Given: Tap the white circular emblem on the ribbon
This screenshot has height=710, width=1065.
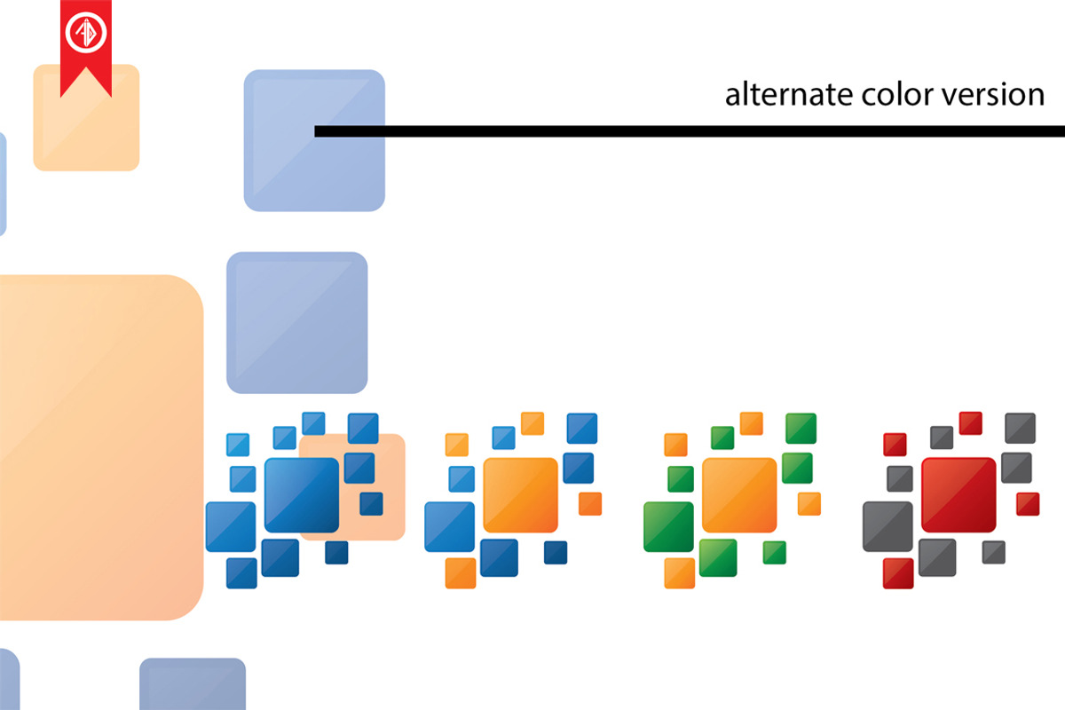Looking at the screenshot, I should coord(86,34).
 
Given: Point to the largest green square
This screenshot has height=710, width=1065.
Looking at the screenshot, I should coord(668,526).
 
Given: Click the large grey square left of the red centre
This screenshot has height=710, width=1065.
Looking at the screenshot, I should coord(887,526).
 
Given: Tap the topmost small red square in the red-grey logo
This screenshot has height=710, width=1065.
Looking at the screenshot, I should coord(970,422).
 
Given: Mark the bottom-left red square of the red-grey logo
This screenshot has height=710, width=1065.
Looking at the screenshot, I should coord(898,572).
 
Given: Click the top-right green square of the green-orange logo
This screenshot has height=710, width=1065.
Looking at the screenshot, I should coord(801,428).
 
